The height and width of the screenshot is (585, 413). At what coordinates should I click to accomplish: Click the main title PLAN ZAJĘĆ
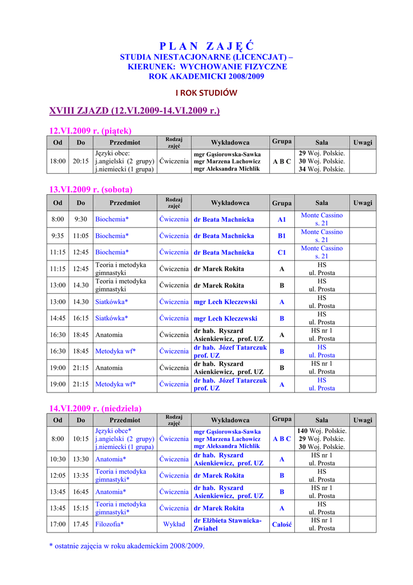[206, 46]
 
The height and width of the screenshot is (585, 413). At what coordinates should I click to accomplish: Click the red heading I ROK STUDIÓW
[206, 93]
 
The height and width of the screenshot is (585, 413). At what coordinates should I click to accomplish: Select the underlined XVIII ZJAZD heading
[134, 110]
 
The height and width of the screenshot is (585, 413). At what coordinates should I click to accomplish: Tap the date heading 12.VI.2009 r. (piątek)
[91, 130]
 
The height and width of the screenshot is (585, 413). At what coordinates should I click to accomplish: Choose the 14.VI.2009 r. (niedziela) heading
[95, 408]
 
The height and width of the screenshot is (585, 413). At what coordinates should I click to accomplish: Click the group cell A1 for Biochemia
[282, 219]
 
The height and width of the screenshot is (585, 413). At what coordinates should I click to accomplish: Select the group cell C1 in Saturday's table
[282, 252]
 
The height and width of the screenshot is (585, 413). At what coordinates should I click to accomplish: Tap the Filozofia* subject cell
[110, 524]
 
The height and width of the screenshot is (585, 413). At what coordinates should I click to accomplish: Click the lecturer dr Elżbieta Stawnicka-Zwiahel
[228, 524]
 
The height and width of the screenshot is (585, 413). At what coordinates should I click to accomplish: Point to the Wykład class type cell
[174, 524]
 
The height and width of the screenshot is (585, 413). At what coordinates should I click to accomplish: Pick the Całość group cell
[282, 524]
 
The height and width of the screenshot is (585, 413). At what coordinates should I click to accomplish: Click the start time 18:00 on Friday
[58, 161]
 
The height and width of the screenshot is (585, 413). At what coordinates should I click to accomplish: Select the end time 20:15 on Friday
[80, 161]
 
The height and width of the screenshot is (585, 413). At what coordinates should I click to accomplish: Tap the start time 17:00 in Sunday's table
[58, 524]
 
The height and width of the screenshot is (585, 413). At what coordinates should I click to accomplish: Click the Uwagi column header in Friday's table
[362, 142]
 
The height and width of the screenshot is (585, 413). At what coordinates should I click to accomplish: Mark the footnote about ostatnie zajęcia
[127, 546]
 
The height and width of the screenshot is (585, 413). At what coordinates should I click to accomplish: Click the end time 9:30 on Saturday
[80, 219]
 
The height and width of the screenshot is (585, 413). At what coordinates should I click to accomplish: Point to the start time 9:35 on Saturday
[58, 235]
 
